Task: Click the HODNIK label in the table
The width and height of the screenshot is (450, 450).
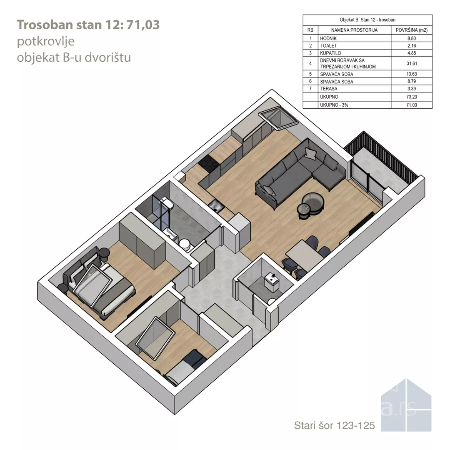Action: pyautogui.click(x=328, y=38)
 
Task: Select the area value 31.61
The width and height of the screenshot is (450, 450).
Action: pyautogui.click(x=412, y=63)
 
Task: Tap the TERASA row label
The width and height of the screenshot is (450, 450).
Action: pyautogui.click(x=329, y=89)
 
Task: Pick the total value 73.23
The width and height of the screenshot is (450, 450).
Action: pyautogui.click(x=412, y=97)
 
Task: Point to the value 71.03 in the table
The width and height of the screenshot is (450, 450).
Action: pyautogui.click(x=412, y=105)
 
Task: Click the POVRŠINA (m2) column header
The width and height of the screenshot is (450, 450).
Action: pyautogui.click(x=412, y=30)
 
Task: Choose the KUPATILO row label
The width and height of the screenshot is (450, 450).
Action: pyautogui.click(x=330, y=53)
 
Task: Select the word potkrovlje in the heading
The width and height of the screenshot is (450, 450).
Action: pyautogui.click(x=46, y=41)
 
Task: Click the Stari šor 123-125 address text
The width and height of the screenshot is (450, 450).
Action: pyautogui.click(x=334, y=425)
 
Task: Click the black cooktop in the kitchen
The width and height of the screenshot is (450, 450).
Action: pyautogui.click(x=209, y=164)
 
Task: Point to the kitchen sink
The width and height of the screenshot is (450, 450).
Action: pyautogui.click(x=216, y=206)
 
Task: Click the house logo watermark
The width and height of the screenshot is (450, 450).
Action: pyautogui.click(x=406, y=405)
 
